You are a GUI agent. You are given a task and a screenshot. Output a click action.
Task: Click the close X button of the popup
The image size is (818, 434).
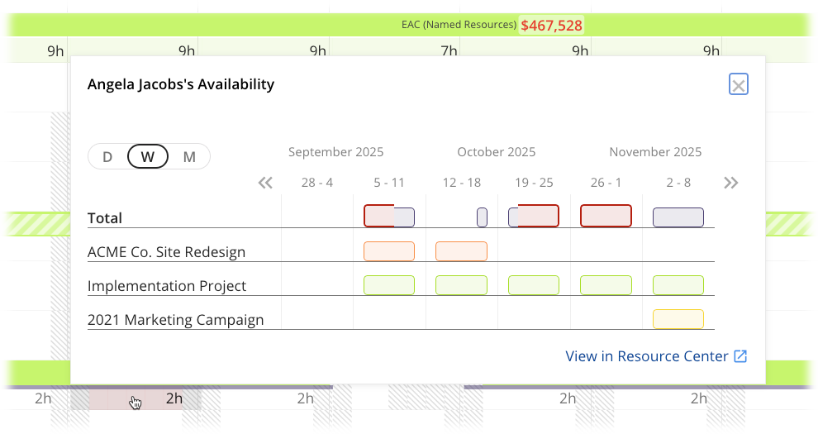(x=739, y=84)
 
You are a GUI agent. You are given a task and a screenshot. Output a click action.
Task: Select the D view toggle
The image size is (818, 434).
(x=107, y=156)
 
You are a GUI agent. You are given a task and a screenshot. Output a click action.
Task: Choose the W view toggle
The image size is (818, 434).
(x=148, y=156)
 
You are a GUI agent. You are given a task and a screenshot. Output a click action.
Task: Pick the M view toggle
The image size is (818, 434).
(x=189, y=156)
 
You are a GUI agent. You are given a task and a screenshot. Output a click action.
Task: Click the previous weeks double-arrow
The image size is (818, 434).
(x=265, y=183)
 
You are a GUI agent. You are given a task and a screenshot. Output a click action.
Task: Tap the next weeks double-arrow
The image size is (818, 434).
(x=730, y=183)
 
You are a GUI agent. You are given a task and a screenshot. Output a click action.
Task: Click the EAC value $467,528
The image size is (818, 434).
(x=551, y=26)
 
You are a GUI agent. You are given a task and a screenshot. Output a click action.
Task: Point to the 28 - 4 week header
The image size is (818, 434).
(x=317, y=183)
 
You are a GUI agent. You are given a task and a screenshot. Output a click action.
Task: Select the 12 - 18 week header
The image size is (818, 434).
(x=462, y=183)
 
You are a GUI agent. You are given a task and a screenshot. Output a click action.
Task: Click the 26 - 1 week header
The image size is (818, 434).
(x=606, y=183)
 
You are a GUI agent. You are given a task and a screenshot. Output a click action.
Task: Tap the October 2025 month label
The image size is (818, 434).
(x=496, y=152)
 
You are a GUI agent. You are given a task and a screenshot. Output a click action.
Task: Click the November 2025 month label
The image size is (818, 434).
(x=655, y=152)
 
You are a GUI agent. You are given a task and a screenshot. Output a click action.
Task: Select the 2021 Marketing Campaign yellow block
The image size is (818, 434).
(x=678, y=319)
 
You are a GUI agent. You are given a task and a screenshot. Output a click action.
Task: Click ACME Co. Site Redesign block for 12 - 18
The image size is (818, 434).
(x=461, y=251)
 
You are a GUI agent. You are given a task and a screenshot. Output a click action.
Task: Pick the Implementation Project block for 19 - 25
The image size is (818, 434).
(x=534, y=285)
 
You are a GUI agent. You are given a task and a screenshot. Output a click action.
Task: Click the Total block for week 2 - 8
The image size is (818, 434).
(x=678, y=217)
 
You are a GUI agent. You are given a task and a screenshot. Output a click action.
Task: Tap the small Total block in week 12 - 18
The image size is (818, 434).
(x=482, y=217)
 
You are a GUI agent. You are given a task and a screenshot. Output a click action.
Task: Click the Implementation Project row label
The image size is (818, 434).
(x=167, y=286)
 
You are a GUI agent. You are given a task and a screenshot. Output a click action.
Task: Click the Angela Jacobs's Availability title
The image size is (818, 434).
(x=181, y=84)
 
